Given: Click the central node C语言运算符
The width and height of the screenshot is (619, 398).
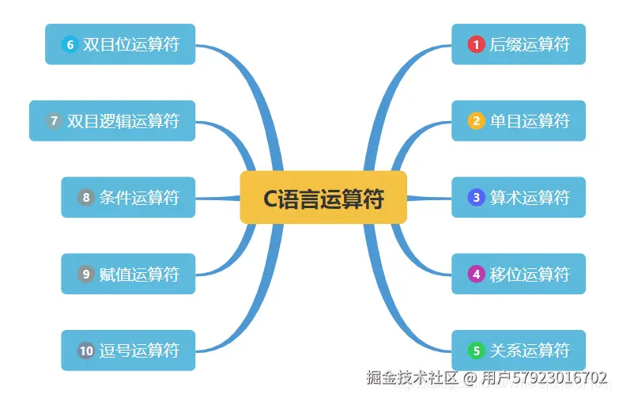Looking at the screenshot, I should tap(323, 198).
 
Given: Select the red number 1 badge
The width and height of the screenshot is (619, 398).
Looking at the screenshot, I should tap(475, 44).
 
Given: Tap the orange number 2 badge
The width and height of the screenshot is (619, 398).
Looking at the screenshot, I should tap(475, 121).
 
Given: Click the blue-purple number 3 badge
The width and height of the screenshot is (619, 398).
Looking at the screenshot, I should tap(475, 197).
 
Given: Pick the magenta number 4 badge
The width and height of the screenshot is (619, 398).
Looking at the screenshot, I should tap(475, 275).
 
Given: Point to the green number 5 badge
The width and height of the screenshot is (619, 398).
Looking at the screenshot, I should tap(475, 350).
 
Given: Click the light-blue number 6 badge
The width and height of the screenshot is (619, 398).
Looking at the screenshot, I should tap(70, 44).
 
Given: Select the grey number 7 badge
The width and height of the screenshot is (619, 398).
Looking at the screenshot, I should tap(54, 121).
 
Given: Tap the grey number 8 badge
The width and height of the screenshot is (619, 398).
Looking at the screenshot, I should tap(85, 197).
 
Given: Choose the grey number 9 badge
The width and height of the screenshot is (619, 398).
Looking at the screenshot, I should tap(85, 275).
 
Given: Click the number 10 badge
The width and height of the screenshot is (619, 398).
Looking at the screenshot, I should tap(85, 350).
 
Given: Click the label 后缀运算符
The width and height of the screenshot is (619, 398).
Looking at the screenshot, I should tap(530, 44).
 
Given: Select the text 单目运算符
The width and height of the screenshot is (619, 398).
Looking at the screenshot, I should tap(530, 121).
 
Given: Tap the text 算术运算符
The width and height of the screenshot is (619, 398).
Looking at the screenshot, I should tap(530, 197).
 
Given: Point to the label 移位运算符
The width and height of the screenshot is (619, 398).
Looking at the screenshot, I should tap(530, 275).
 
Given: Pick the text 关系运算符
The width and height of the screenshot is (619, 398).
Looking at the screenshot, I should tap(530, 350).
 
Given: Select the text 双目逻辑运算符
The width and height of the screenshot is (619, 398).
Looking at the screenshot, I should tap(123, 121).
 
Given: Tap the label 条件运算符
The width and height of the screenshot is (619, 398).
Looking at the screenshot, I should tap(139, 197).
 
